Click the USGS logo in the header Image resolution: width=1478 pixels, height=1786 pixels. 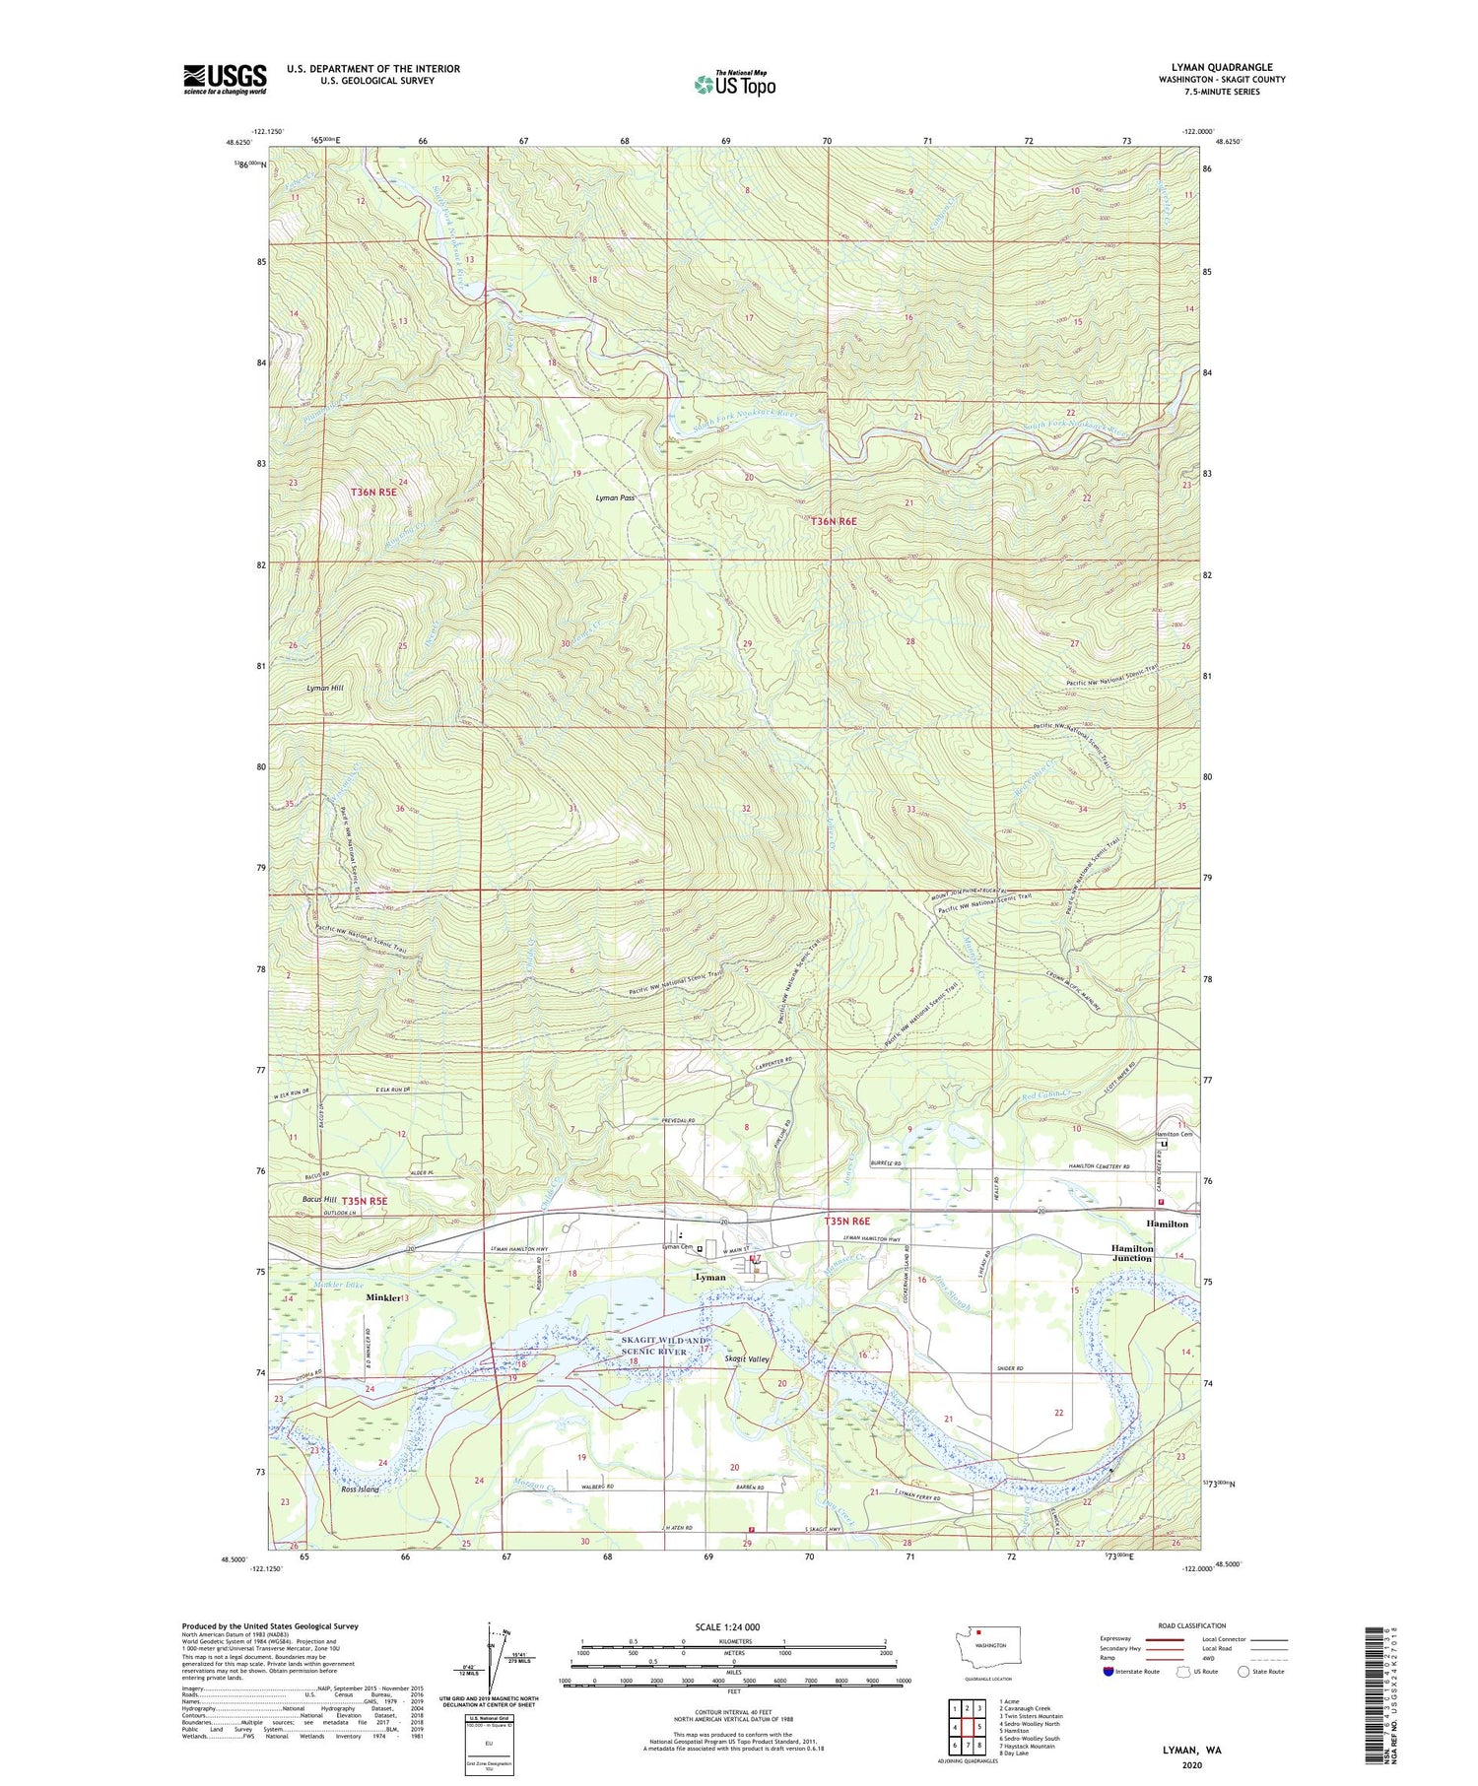[225, 79]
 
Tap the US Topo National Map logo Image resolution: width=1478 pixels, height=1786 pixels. [734, 84]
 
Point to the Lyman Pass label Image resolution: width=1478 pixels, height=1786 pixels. [615, 498]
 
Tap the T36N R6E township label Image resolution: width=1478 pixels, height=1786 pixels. [834, 520]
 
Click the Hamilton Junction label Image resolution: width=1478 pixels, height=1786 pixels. [1132, 1253]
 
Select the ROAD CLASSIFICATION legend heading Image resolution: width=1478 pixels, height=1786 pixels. [1192, 1625]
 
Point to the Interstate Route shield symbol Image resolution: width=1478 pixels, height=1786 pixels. [1108, 1672]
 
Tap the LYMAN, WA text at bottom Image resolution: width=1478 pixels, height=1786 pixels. [1190, 1750]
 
